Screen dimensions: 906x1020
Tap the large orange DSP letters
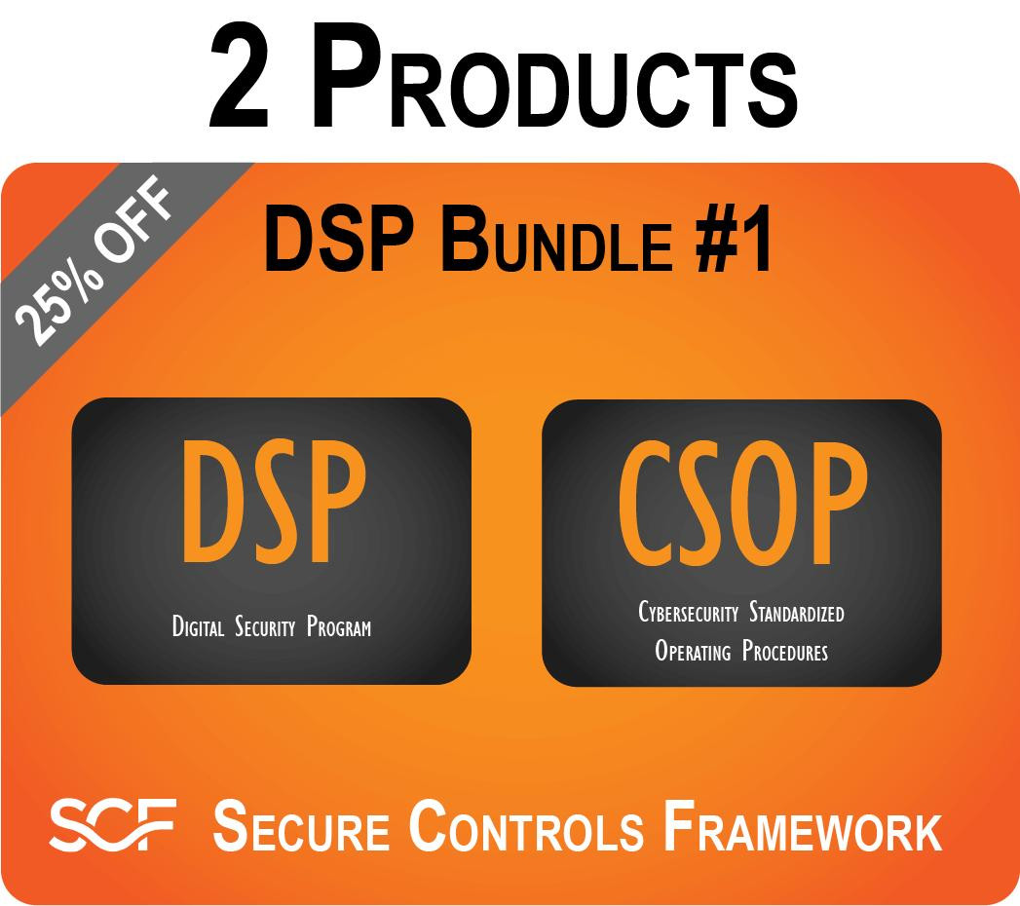272,508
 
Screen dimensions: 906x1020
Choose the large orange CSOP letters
741,508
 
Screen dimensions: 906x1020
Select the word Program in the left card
338,626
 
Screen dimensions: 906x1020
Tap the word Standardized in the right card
797,613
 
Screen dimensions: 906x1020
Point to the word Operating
693,651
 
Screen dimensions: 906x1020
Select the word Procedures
784,651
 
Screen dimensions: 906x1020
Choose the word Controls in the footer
527,825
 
